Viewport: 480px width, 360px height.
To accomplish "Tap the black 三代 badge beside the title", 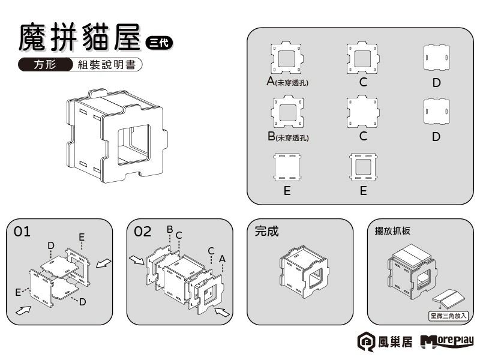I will tap(159, 41).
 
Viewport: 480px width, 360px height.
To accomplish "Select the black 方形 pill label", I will tap(45, 65).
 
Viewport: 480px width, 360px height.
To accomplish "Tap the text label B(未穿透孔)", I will tap(288, 137).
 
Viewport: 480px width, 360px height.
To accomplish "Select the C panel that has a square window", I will tap(362, 58).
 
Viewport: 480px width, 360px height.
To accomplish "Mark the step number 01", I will tap(22, 232).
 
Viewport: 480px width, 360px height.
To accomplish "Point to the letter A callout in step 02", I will tap(222, 258).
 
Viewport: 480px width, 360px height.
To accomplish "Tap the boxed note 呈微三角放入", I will tap(448, 314).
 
